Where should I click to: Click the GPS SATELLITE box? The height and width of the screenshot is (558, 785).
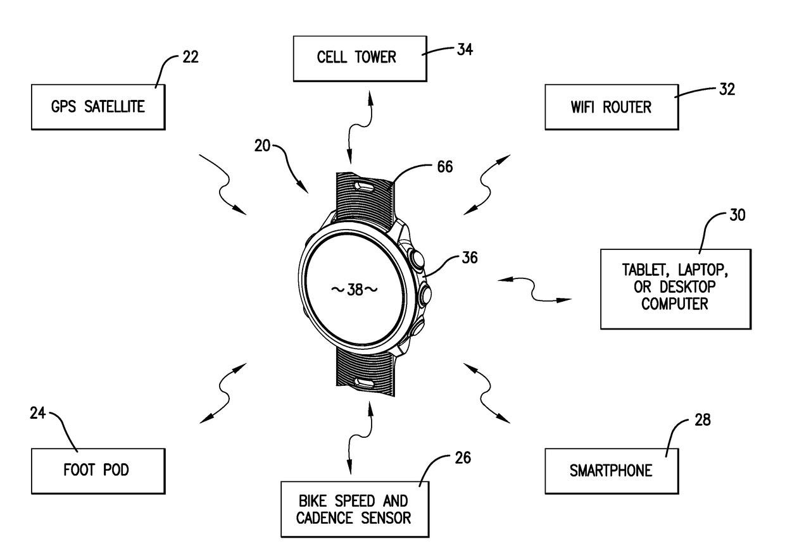click(x=97, y=106)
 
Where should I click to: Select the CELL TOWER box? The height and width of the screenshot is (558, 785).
click(x=356, y=58)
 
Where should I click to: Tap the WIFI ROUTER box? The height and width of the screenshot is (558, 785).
click(x=612, y=107)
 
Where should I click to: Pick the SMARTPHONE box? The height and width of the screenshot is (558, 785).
click(x=611, y=471)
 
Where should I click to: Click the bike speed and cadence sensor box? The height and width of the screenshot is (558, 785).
click(x=355, y=509)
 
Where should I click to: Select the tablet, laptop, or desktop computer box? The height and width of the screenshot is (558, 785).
click(x=675, y=288)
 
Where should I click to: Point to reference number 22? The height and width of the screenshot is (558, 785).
click(x=190, y=57)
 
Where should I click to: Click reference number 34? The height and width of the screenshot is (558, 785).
click(x=465, y=49)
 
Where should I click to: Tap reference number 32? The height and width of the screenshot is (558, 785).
click(x=727, y=89)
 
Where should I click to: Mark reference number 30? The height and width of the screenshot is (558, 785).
click(x=737, y=215)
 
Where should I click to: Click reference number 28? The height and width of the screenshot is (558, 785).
click(x=702, y=419)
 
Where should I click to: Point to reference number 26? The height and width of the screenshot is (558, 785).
click(x=463, y=457)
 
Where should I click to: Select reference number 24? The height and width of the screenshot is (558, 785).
click(x=38, y=414)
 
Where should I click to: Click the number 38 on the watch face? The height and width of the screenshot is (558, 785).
click(x=355, y=290)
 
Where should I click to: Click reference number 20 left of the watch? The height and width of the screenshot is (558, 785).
click(x=262, y=147)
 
